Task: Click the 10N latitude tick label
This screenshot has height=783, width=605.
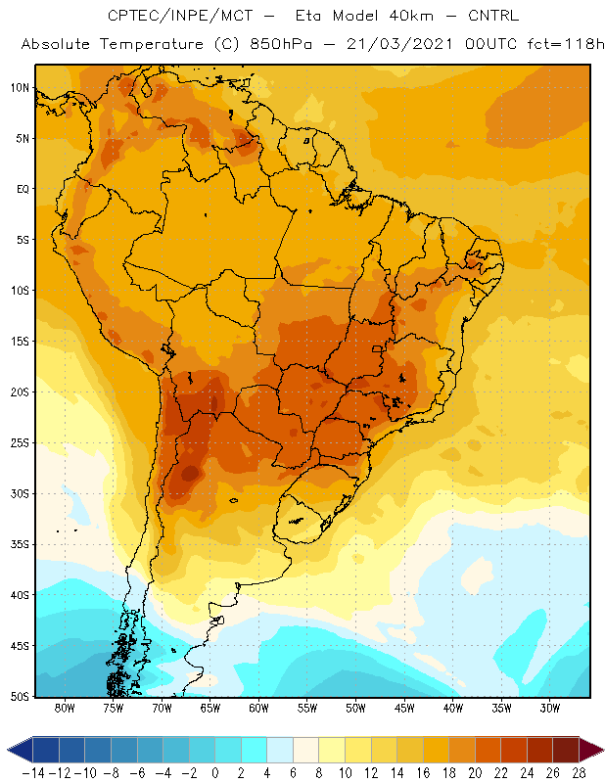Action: [x=20, y=88]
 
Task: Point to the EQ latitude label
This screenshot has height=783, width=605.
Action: [x=23, y=189]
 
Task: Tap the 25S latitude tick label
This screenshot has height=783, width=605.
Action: [x=20, y=443]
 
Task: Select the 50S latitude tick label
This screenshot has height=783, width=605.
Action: [x=20, y=696]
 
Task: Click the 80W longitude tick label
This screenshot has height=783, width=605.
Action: [x=65, y=708]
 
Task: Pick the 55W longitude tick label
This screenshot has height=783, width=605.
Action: [x=307, y=708]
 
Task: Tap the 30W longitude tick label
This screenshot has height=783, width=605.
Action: [x=549, y=708]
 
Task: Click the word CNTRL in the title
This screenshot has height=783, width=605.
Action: [x=493, y=16]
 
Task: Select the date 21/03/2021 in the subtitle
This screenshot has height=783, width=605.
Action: [x=399, y=44]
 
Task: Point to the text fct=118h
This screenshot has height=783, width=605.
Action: [x=566, y=44]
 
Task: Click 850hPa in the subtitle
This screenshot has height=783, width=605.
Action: [x=281, y=44]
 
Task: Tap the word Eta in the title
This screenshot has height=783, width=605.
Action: [x=308, y=16]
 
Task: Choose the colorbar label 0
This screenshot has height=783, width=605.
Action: [x=215, y=773]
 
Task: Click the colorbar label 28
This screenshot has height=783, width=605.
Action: [x=579, y=773]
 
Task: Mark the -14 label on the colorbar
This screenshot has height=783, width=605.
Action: [x=34, y=773]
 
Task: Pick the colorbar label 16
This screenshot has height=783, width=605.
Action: [x=423, y=773]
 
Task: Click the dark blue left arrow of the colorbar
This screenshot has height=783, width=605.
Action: [x=20, y=750]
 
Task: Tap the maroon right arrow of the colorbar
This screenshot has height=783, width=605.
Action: [x=591, y=750]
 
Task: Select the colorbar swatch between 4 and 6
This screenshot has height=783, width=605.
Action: [x=280, y=750]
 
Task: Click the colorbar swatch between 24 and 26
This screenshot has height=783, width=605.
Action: [x=539, y=750]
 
